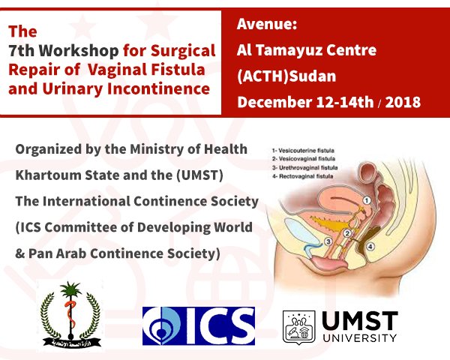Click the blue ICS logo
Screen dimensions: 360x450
coord(199,325)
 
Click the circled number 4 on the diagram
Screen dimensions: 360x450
coord(370,244)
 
